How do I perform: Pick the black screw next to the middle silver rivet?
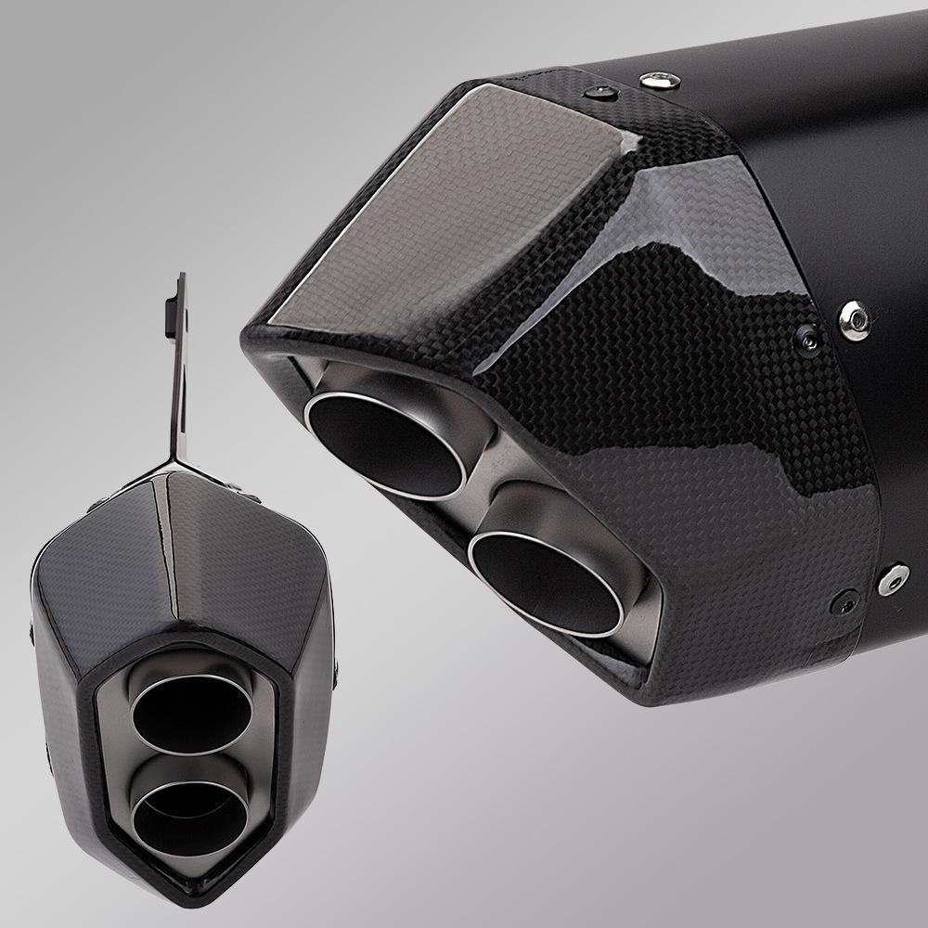pos(808,339)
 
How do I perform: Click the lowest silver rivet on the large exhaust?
pos(892,578)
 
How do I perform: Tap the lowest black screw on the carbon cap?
pos(846,600)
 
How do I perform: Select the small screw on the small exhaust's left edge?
pos(32,631)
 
